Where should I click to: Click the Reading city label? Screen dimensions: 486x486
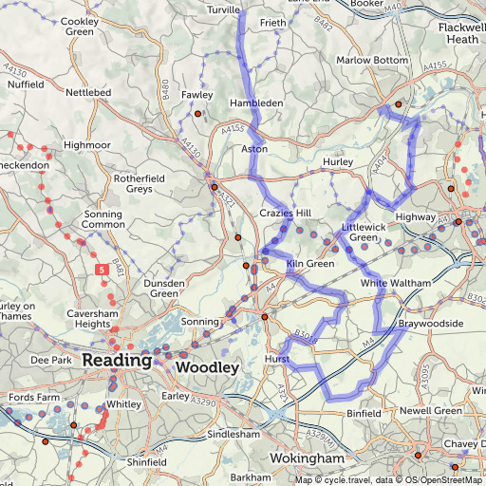click(x=117, y=361)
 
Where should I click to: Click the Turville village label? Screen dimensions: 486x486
click(x=224, y=9)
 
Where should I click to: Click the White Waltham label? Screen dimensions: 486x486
click(x=396, y=284)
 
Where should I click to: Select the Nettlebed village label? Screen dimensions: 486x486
click(x=89, y=93)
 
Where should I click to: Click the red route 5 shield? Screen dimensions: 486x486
click(x=100, y=271)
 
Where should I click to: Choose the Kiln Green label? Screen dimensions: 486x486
click(x=309, y=263)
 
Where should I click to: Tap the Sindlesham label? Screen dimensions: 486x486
click(x=234, y=433)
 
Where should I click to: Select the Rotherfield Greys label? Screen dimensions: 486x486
click(x=140, y=183)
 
